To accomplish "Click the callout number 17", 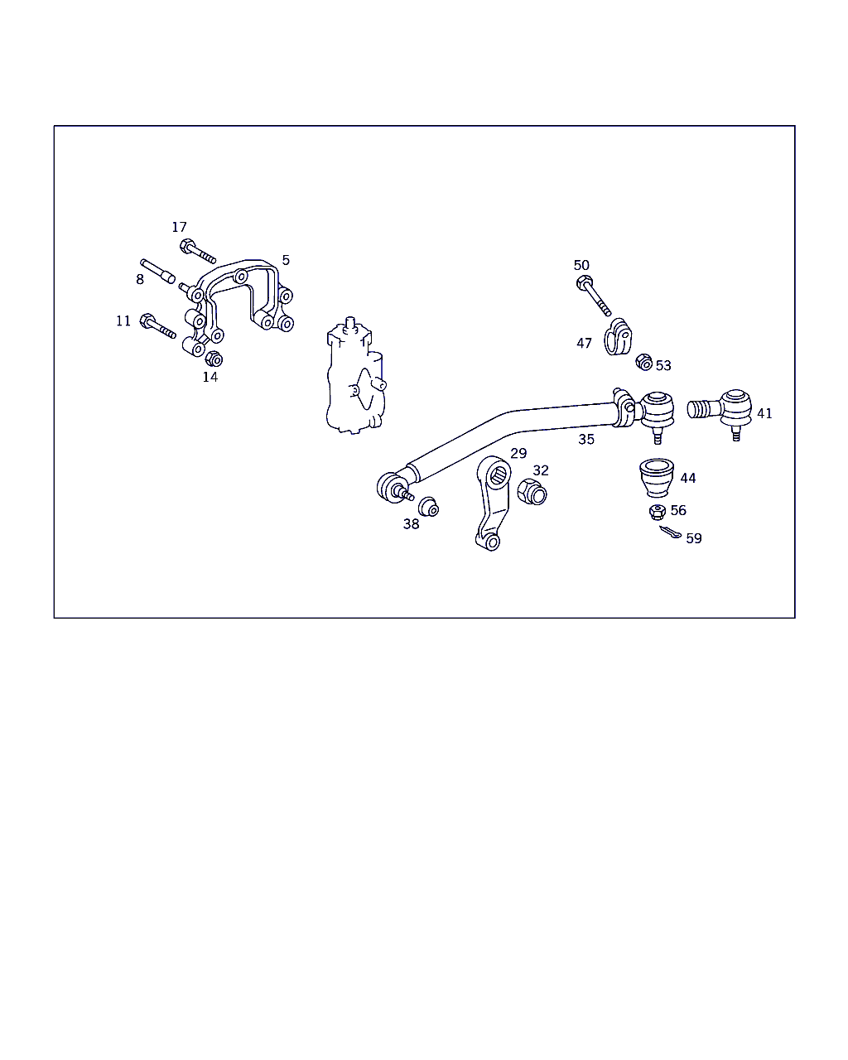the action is [x=180, y=227].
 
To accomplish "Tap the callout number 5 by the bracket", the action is [x=286, y=260].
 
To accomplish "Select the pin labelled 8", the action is [x=157, y=272].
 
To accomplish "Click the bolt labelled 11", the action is [x=157, y=326].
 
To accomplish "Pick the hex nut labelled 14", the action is [x=214, y=359].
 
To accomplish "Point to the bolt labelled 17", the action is [x=198, y=251].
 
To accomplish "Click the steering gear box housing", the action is [x=356, y=376].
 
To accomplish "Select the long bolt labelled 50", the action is [x=594, y=296].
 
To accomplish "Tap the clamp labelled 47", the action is [x=618, y=337].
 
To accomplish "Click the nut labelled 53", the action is [x=644, y=363].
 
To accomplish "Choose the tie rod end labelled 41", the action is [x=720, y=412].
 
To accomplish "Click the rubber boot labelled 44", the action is [x=657, y=478].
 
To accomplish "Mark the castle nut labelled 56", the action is [x=658, y=513].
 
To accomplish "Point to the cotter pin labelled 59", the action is [x=671, y=532].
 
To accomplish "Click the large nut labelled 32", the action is [x=532, y=492].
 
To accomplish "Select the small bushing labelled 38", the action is [x=428, y=507].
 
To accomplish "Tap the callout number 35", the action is [x=586, y=440].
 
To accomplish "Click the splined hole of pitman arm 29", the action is [x=499, y=475].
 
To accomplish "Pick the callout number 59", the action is [x=694, y=538].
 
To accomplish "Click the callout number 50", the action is [x=581, y=266].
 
